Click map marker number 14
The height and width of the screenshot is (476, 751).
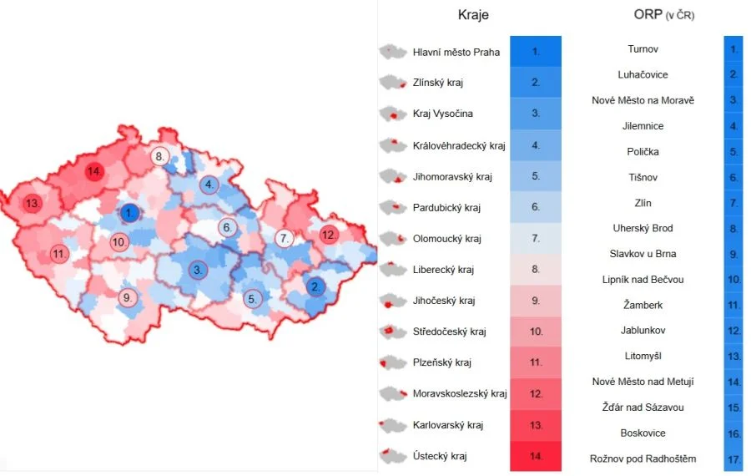95,172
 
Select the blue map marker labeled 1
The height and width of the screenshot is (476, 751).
129,214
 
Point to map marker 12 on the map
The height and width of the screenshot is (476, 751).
328,235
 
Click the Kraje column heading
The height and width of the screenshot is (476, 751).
473,15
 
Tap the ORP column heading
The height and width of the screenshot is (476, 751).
663,15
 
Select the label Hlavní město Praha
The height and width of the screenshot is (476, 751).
456,52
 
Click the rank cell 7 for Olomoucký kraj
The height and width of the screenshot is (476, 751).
535,239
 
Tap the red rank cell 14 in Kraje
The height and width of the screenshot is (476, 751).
535,456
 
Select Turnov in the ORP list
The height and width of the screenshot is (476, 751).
643,49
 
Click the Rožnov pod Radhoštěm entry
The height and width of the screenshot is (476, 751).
643,458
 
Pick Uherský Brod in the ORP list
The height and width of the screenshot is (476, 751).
643,228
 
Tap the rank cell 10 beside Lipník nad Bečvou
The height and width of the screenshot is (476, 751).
733,280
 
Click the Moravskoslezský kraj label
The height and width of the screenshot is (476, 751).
460,394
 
